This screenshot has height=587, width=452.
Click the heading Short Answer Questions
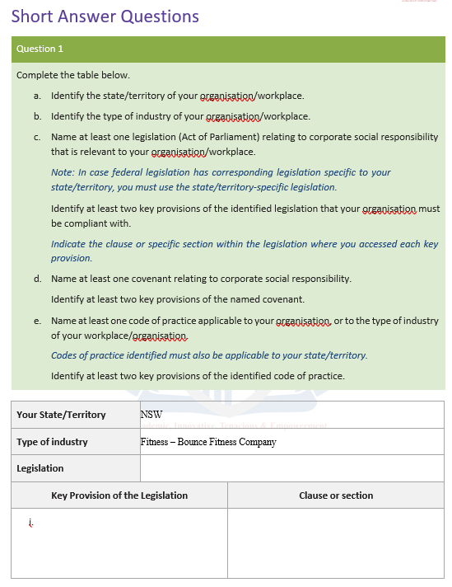tap(105, 16)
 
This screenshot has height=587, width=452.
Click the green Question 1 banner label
tap(40, 49)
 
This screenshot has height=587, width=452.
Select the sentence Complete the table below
tap(73, 75)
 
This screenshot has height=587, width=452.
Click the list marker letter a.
tap(37, 96)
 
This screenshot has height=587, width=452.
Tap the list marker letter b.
tap(37, 116)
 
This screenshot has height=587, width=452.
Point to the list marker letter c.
tap(37, 137)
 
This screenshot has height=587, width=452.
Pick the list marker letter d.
tap(37, 279)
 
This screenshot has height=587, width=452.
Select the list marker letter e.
tap(37, 320)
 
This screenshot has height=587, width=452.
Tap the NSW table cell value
tap(151, 415)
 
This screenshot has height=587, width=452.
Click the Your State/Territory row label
tap(61, 415)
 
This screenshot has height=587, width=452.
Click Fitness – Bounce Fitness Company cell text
tap(208, 442)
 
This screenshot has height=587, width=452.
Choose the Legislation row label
tap(40, 468)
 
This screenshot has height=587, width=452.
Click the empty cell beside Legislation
tap(292, 468)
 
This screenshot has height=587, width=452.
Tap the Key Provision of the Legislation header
tap(119, 495)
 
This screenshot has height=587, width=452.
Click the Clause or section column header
tap(336, 495)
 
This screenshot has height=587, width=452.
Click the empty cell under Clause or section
tap(336, 542)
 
